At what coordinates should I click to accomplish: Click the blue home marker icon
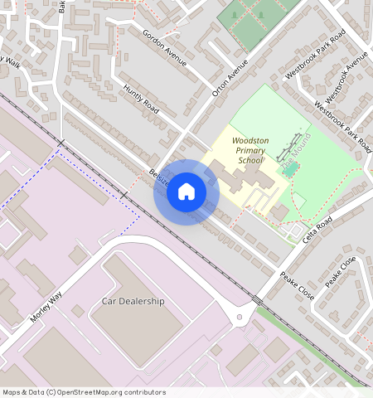186,192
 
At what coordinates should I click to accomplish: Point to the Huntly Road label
140,99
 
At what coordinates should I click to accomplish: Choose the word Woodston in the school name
249,141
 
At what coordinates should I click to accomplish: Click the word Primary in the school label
249,151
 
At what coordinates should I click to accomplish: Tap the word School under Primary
249,161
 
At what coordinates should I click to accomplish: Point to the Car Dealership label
133,301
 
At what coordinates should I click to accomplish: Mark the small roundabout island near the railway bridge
241,316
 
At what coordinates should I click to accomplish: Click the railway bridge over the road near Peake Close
257,299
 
